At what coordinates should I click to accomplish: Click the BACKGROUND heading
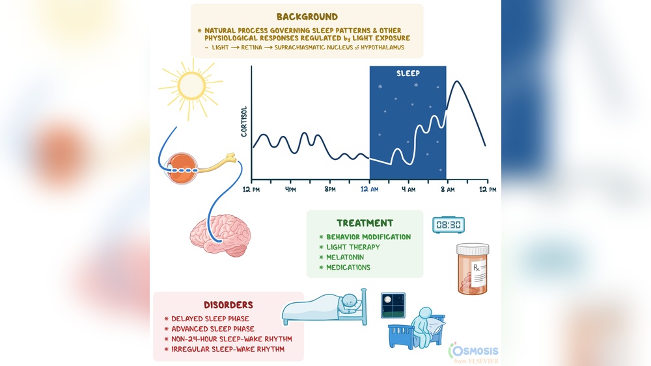click(307, 16)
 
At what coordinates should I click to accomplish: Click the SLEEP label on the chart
click(408, 73)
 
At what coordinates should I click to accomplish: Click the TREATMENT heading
click(365, 223)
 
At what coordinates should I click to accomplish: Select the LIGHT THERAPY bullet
click(353, 247)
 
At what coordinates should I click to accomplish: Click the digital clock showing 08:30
click(449, 225)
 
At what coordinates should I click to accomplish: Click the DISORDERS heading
click(229, 304)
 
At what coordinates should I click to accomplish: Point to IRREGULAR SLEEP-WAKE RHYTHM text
click(228, 349)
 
